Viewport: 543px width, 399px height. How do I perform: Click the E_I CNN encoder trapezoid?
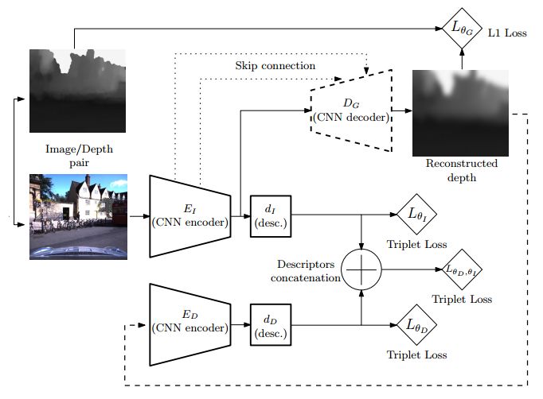(x=189, y=215)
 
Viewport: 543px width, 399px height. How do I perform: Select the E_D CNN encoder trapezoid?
(x=189, y=323)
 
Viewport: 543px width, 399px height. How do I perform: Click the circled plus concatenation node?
(x=362, y=270)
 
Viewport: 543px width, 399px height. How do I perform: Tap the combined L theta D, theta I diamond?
(x=463, y=271)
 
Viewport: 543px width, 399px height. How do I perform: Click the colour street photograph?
(x=78, y=215)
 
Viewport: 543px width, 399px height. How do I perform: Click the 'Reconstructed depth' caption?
(x=462, y=170)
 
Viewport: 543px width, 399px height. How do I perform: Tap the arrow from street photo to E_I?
(x=139, y=215)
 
